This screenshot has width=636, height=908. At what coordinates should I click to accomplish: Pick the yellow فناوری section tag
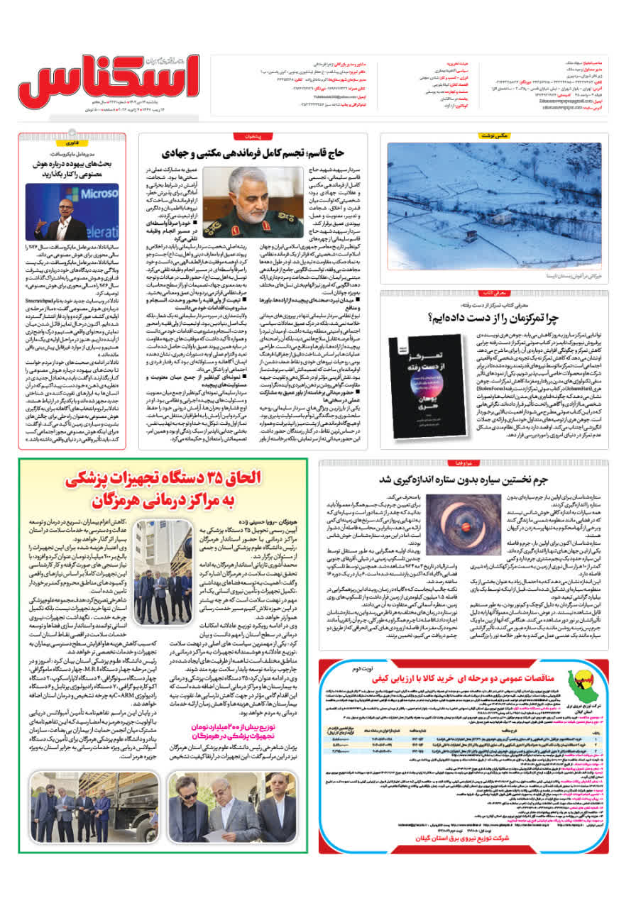tap(114, 142)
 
